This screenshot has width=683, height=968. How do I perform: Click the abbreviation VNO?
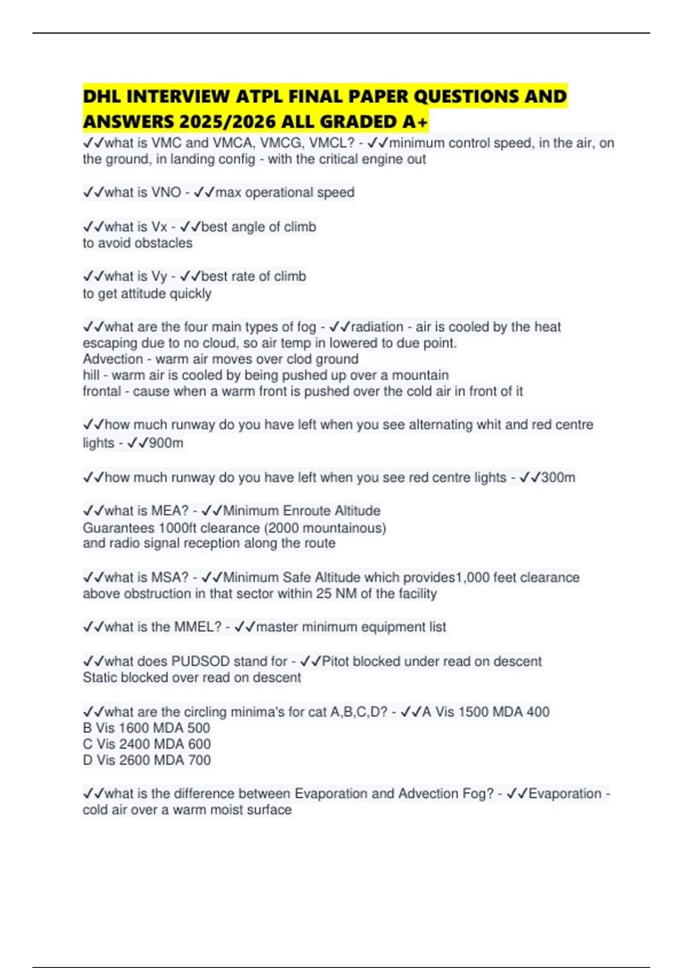coord(166,192)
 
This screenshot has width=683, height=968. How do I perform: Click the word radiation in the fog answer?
coord(377,327)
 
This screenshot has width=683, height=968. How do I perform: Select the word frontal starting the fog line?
coord(102,391)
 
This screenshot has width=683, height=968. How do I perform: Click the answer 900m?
coord(166,443)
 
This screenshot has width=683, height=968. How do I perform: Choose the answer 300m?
coord(558,477)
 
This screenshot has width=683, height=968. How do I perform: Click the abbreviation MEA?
coord(170,511)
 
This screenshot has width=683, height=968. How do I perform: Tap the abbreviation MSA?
coord(170,577)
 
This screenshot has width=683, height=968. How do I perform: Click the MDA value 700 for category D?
coord(199,760)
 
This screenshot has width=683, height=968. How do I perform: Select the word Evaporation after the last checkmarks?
coord(565,794)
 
